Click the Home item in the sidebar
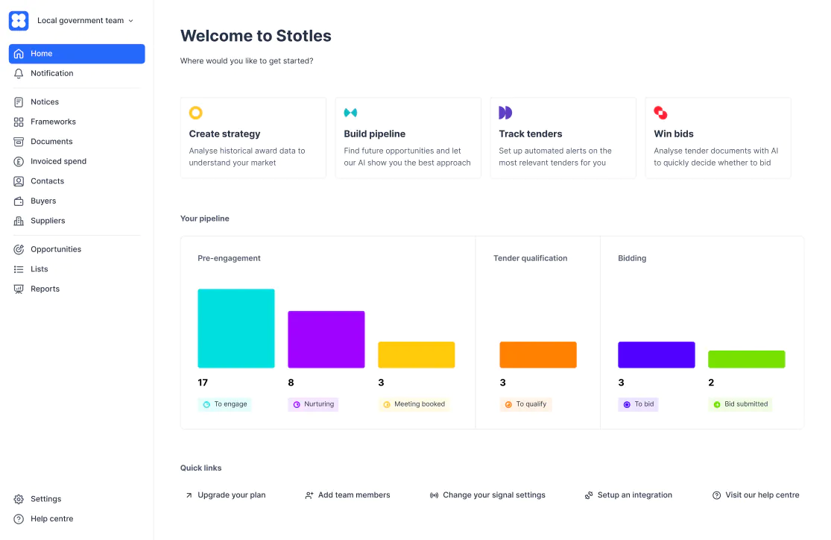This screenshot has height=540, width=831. point(77,54)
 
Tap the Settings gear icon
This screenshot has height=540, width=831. point(19,499)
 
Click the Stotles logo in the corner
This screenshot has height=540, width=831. point(19,21)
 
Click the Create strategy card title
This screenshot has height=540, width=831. point(225,134)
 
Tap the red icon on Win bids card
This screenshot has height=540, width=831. point(660,113)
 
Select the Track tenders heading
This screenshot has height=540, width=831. point(531,134)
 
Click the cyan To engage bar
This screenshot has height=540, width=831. point(236,328)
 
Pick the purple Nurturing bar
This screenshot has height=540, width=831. point(326,339)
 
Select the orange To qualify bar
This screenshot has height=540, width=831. point(538,355)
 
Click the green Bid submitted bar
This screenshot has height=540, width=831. point(747,359)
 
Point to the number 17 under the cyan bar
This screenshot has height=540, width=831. point(203,383)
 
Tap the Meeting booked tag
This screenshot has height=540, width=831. point(414,404)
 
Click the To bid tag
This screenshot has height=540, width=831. point(638,404)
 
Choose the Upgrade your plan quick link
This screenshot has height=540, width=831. point(226,495)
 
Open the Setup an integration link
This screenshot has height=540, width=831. point(628,495)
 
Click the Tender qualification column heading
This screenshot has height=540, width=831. point(531,258)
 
